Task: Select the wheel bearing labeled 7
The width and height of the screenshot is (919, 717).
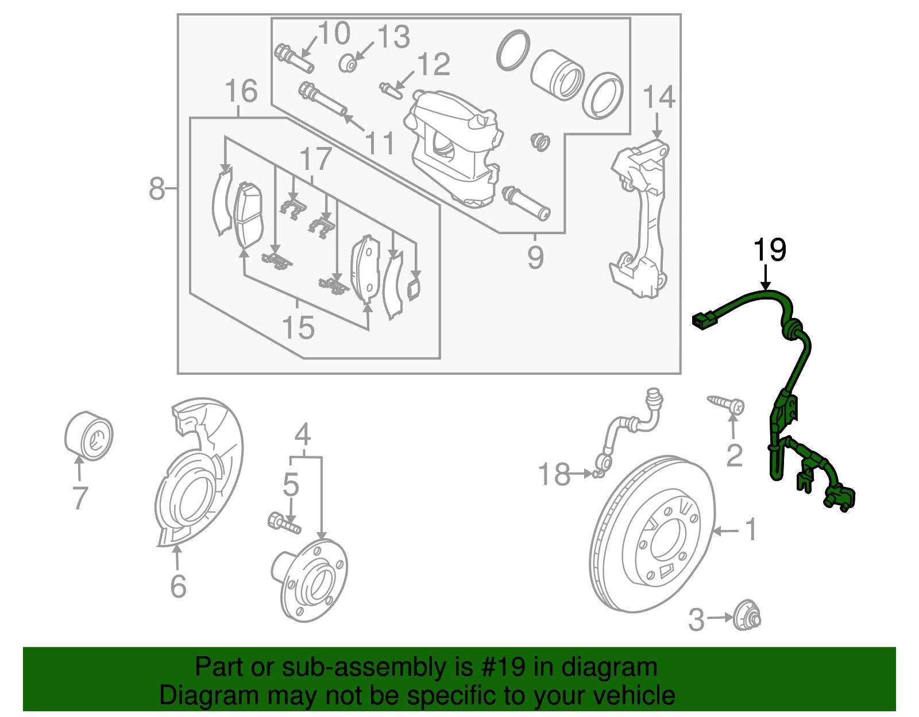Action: pos(88,435)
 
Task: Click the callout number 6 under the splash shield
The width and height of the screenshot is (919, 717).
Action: pos(178,586)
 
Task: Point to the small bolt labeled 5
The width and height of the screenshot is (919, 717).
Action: pos(284,523)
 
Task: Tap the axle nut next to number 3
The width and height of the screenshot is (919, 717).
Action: pos(747,618)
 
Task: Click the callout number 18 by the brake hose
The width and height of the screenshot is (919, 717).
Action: pos(554,475)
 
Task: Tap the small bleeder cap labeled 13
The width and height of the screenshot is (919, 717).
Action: pos(348,63)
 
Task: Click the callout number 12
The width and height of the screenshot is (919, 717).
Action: pos(434,64)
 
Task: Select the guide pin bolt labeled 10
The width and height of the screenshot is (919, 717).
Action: pos(294,59)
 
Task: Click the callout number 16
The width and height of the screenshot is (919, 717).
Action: pos(241,91)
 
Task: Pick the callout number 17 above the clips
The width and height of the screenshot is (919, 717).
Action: pos(315,159)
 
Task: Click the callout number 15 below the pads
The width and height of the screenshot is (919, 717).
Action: pos(298,328)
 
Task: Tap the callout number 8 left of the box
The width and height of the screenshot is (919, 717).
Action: pos(156,188)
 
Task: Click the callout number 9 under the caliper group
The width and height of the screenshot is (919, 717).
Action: pos(535,257)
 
